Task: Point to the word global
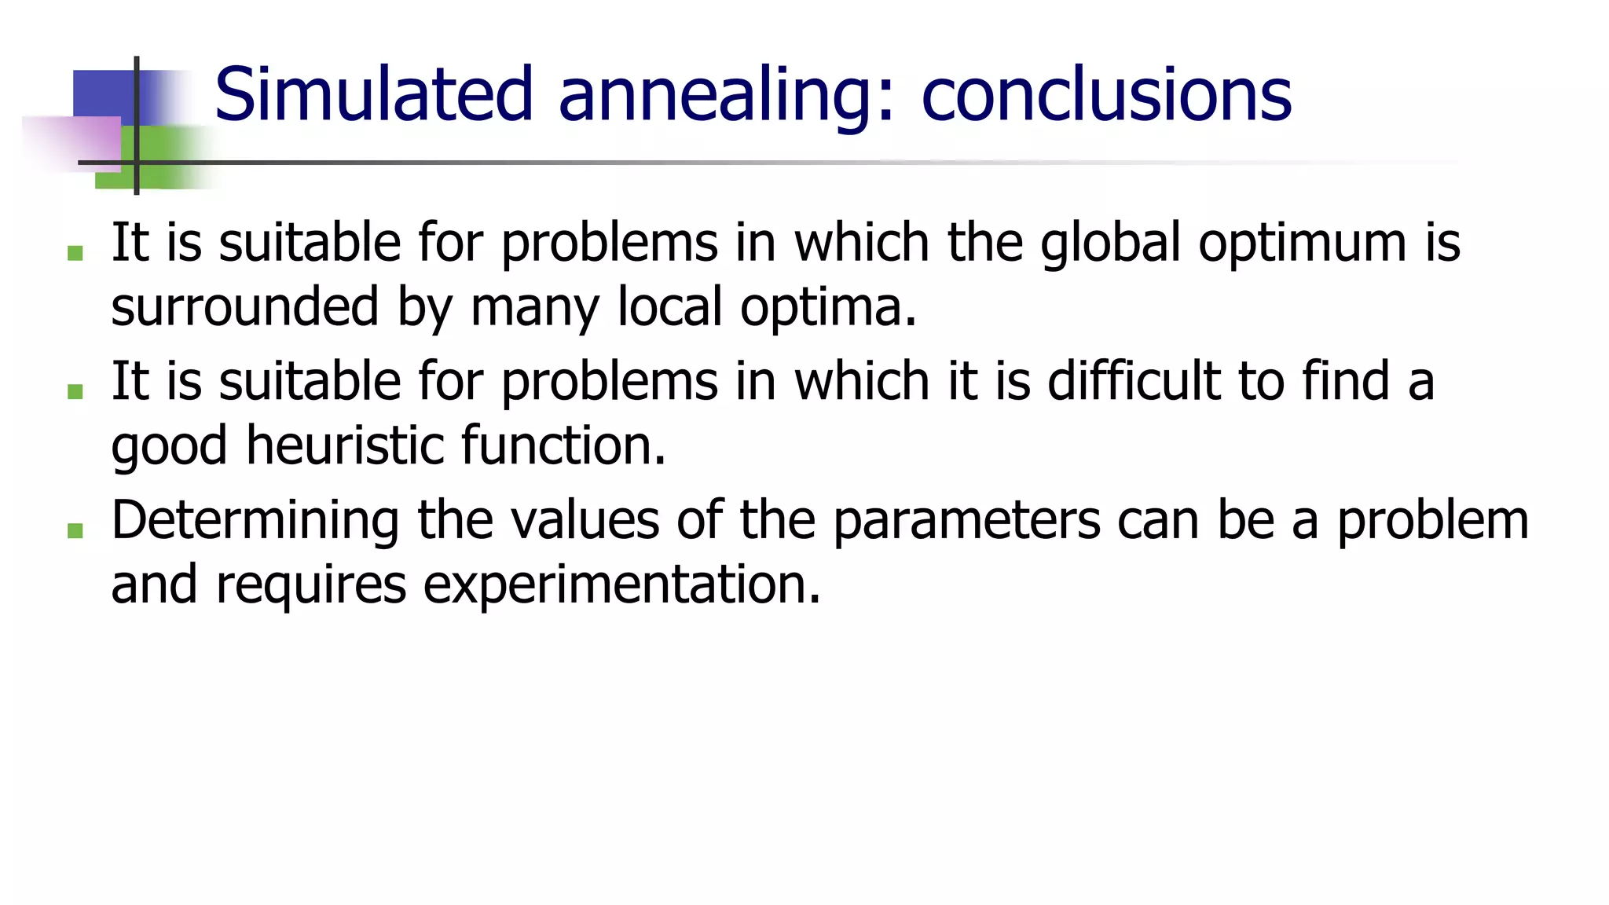[1111, 242]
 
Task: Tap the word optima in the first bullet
[827, 308]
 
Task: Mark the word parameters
[966, 522]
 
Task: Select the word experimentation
[621, 585]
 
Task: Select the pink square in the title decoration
[75, 143]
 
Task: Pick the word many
[535, 308]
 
